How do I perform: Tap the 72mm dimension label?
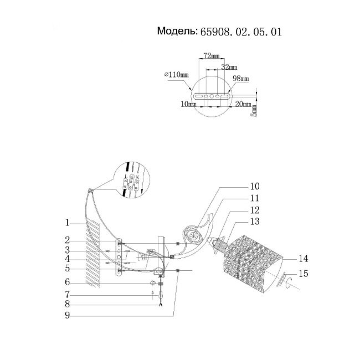211,56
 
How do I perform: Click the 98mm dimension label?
240,79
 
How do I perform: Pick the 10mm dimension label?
188,104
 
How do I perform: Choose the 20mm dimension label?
241,104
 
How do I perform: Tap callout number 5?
67,268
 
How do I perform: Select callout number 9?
67,316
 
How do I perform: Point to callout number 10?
255,186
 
